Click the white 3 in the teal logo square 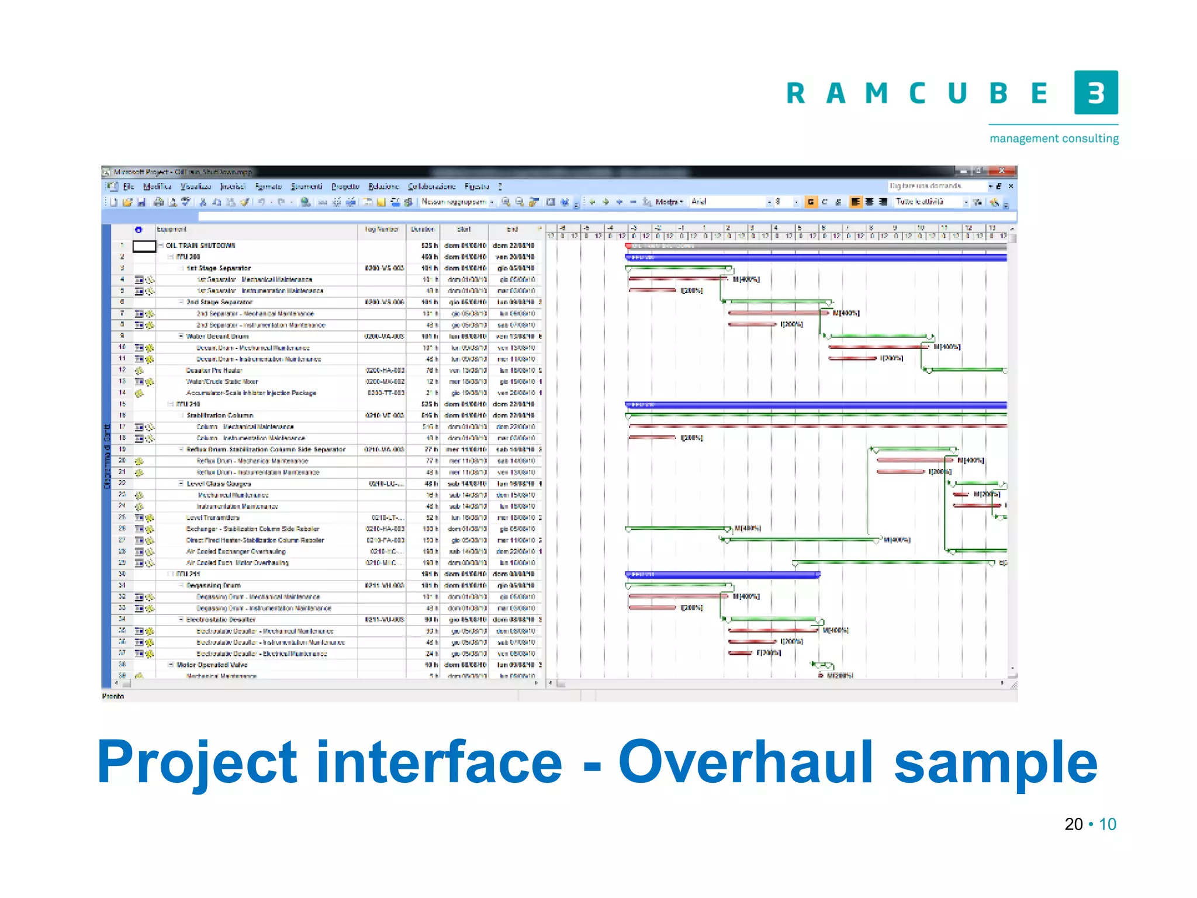click(1096, 92)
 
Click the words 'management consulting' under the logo click(1054, 139)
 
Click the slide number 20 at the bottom click(1073, 824)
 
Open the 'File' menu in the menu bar click(129, 186)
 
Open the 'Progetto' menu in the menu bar click(345, 186)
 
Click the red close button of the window click(1002, 171)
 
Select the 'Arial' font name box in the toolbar click(728, 202)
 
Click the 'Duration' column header click(423, 230)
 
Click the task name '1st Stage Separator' click(219, 268)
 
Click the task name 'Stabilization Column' click(219, 416)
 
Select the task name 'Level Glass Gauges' click(219, 483)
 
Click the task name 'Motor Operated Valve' click(212, 665)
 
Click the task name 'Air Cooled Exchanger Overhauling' click(236, 551)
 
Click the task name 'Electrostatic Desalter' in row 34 click(221, 620)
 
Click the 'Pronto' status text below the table click(113, 696)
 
